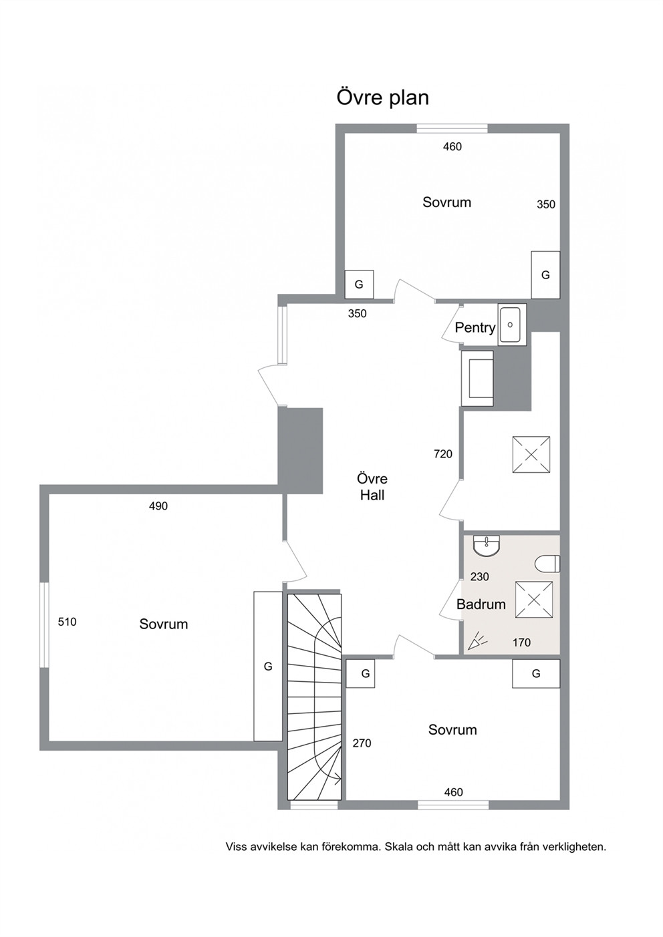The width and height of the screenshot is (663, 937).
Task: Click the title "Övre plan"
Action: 382,98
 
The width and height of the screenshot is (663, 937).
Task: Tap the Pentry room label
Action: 475,327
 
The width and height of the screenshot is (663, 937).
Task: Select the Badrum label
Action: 481,604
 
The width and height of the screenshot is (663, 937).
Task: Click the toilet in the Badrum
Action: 548,563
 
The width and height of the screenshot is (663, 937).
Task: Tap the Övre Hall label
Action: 372,487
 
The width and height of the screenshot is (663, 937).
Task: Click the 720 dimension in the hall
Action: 443,454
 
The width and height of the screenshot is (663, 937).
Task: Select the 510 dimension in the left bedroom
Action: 68,622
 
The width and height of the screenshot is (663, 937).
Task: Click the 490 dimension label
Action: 158,506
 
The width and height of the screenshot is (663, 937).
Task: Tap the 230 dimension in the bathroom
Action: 480,577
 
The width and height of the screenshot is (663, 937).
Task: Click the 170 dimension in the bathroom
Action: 521,642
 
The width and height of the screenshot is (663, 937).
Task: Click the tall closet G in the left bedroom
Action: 268,667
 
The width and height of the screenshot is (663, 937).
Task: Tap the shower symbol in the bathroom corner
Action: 477,641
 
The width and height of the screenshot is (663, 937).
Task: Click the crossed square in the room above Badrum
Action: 531,455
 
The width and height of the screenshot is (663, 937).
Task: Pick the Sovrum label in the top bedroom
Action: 446,202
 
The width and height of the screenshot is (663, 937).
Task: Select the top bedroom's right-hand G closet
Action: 546,275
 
